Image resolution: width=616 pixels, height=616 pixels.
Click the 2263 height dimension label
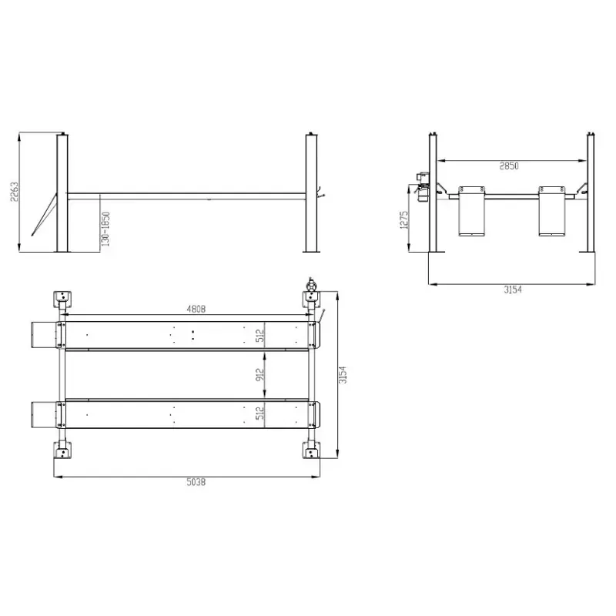coord(14,192)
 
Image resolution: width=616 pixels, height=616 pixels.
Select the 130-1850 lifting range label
coord(105,229)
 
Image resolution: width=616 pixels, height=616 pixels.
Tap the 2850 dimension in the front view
coord(509,166)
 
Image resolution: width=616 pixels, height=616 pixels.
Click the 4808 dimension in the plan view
coord(196,310)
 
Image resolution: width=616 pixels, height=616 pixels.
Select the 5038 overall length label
coord(196,482)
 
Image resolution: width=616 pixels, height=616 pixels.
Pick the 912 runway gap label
coord(259,376)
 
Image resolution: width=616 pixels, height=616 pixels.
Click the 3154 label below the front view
coord(513,290)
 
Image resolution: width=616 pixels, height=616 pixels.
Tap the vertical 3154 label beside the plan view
coord(343,375)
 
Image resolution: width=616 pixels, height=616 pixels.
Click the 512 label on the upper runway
coord(259,336)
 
